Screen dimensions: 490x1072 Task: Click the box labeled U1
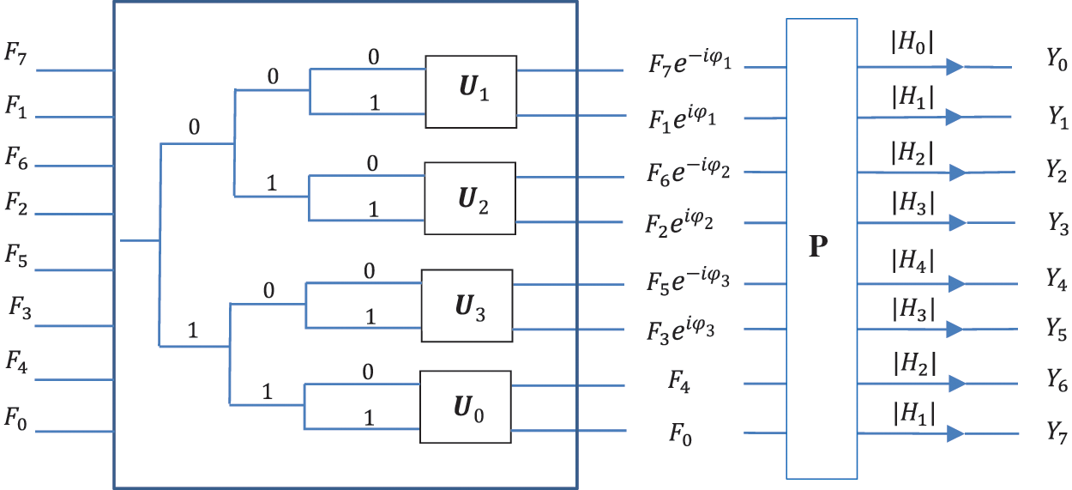coord(471,92)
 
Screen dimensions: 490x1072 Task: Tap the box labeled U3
coord(466,306)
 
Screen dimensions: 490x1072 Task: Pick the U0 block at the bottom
coord(465,407)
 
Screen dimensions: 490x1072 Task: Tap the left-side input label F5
coord(18,255)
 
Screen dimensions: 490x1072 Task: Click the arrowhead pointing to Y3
coord(956,222)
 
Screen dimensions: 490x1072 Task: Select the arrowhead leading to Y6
coord(956,383)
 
